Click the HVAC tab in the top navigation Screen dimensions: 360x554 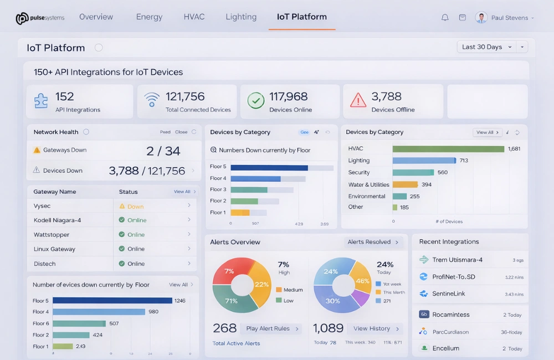(194, 17)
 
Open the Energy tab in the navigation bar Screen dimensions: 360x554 (149, 17)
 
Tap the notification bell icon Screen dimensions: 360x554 (445, 18)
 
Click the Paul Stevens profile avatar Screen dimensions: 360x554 (481, 18)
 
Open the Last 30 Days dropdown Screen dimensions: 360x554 (486, 47)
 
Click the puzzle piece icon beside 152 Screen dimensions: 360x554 (41, 101)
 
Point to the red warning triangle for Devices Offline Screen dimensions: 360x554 (358, 100)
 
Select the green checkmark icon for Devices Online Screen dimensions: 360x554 (255, 101)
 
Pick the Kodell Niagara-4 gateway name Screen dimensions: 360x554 (57, 220)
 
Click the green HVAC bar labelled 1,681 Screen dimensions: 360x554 (448, 149)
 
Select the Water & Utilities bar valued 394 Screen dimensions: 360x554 (405, 184)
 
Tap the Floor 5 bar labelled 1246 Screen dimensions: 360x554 (112, 301)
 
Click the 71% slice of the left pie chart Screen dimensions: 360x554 (233, 299)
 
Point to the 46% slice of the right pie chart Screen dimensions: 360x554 (362, 279)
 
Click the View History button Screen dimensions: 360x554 (376, 329)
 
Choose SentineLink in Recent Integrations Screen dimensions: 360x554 (448, 294)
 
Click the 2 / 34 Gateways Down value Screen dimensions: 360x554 (163, 151)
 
